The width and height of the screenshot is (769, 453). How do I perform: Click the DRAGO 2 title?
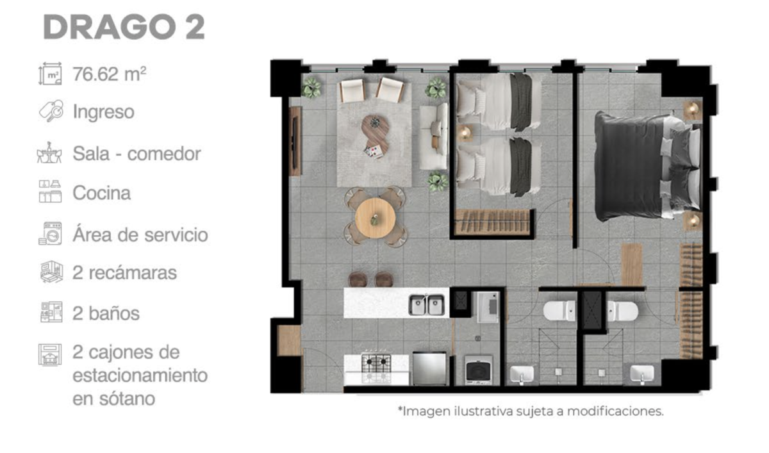click(124, 28)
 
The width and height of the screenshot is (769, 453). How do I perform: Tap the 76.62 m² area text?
click(110, 74)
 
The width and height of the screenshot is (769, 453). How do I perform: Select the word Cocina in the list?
click(102, 193)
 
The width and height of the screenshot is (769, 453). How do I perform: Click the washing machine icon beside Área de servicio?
click(50, 233)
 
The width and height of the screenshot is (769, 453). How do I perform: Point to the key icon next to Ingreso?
click(51, 111)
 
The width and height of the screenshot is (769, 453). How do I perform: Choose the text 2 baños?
click(106, 313)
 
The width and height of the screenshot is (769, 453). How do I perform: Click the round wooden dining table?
click(375, 218)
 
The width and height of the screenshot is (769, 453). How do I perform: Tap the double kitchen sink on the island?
click(426, 305)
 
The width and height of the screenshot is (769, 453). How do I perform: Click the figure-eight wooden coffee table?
click(375, 136)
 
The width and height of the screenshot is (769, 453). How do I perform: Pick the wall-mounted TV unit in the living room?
click(295, 141)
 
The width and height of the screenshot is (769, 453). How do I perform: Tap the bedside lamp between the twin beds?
click(465, 133)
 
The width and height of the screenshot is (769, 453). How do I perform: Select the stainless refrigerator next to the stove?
click(430, 368)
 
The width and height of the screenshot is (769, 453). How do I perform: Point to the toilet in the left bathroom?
click(559, 311)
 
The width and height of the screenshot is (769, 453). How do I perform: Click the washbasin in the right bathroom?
click(642, 374)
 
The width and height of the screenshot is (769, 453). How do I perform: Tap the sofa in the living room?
click(434, 136)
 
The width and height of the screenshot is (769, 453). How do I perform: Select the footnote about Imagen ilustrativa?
click(531, 411)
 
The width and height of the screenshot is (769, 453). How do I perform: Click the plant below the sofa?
click(438, 181)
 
